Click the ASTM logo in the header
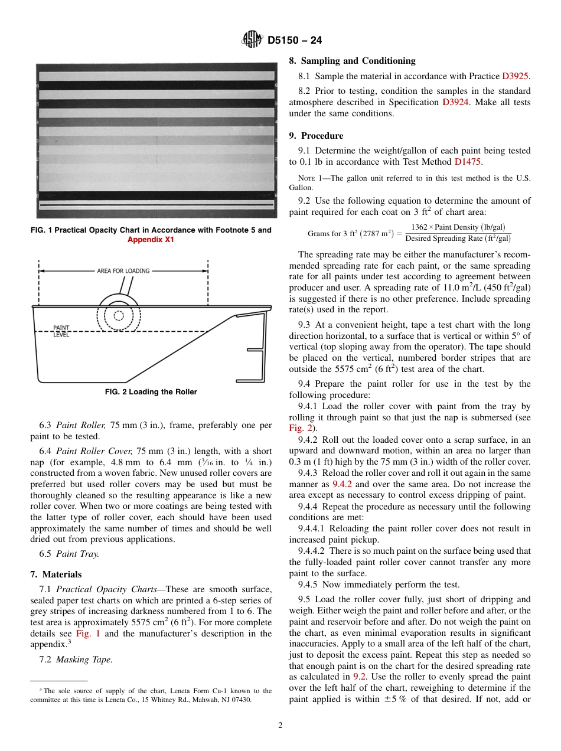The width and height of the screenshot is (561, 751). point(253,40)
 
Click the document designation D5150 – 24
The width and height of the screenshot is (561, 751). point(295,41)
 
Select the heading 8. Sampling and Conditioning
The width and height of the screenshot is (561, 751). point(352,61)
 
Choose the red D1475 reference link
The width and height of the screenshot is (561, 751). point(468,162)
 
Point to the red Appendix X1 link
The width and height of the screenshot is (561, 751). point(151,240)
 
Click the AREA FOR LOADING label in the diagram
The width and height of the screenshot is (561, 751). point(123,271)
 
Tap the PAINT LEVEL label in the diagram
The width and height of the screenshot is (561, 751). point(61,331)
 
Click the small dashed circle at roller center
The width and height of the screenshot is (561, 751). point(119,315)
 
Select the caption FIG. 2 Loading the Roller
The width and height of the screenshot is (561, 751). point(151,392)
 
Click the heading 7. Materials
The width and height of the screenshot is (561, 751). point(56,574)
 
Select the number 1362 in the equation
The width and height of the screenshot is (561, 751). point(420,227)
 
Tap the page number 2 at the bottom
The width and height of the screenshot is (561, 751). point(280,726)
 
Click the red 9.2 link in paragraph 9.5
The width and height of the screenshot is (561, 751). point(359,677)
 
